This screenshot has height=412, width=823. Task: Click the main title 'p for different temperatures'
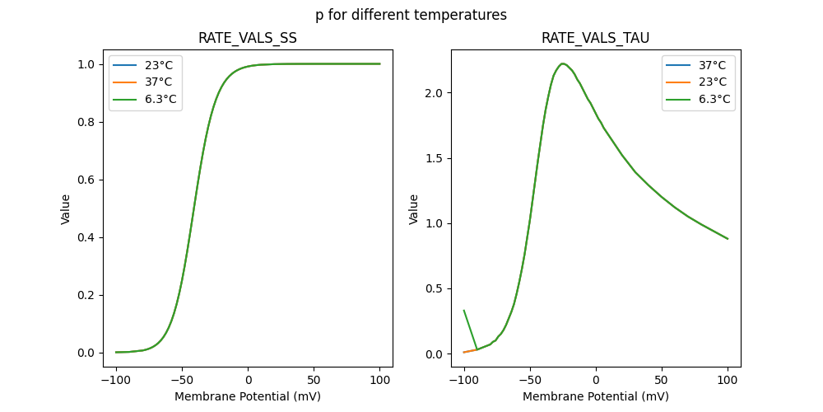pyautogui.click(x=411, y=15)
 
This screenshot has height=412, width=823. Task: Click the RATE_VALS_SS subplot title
pyautogui.click(x=248, y=39)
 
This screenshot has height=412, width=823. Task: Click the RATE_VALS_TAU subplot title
pyautogui.click(x=595, y=39)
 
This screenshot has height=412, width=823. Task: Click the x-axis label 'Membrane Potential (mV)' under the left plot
pyautogui.click(x=248, y=396)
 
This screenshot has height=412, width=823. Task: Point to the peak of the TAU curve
pyautogui.click(x=563, y=63)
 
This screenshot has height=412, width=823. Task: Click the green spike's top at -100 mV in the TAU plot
pyautogui.click(x=464, y=311)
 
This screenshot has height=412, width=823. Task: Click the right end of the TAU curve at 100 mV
pyautogui.click(x=728, y=239)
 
